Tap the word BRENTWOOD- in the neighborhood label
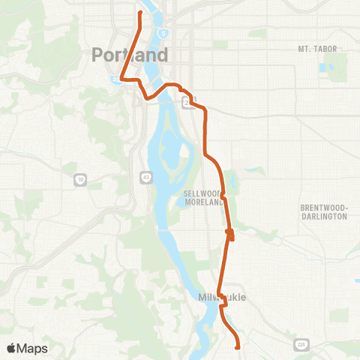[323, 207]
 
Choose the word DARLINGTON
[323, 216]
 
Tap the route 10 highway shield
[79, 179]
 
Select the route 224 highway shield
[302, 343]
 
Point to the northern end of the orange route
[140, 13]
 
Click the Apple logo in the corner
[11, 348]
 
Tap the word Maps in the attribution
[34, 348]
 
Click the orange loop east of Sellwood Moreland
[230, 235]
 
